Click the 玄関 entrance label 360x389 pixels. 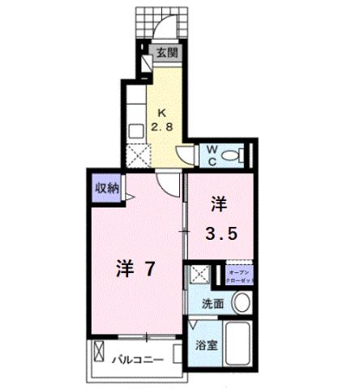click(x=168, y=55)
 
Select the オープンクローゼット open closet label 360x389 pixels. click(x=240, y=276)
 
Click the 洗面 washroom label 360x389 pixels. click(x=212, y=305)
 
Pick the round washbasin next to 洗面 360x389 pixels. click(x=241, y=304)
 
